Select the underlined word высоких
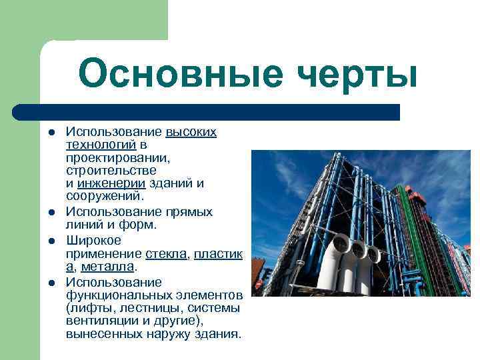(x=191, y=132)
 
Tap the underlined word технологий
(x=101, y=145)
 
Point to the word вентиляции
(x=98, y=321)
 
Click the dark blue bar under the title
(x=207, y=112)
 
